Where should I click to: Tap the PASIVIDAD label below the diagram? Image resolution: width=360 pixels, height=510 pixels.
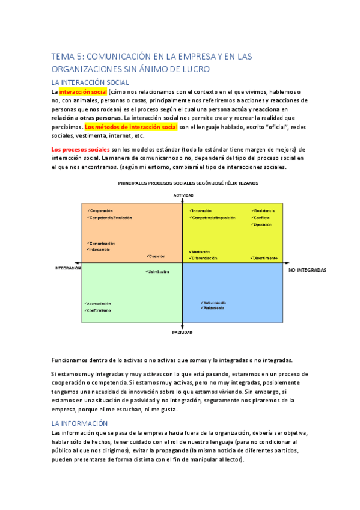click(182, 333)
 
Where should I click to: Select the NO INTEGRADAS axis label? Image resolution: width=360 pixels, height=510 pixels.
click(308, 271)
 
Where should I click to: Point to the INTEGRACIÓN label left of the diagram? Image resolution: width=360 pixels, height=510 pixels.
click(68, 268)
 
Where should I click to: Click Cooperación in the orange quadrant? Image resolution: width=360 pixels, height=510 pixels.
click(101, 211)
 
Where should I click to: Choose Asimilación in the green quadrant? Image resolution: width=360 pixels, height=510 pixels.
click(158, 271)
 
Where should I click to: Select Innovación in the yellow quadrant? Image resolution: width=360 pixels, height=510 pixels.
click(202, 211)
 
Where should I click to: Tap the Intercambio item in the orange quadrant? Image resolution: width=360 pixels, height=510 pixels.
click(100, 249)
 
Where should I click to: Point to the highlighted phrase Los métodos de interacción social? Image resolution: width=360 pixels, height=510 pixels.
click(131, 127)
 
